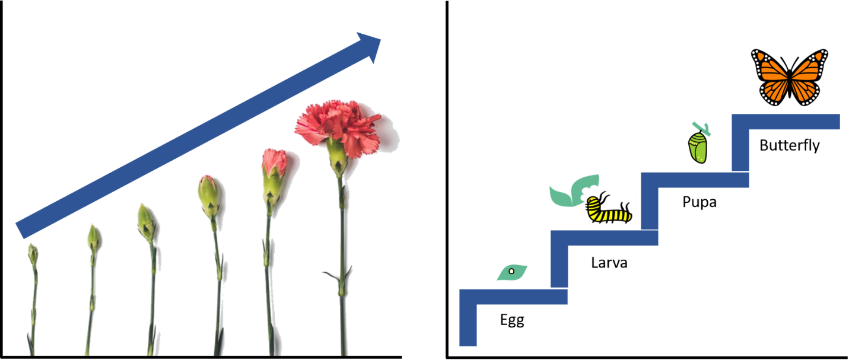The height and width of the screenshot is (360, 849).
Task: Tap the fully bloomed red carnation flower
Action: point(336,126)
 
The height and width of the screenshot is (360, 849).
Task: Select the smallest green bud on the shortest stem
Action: point(33,253)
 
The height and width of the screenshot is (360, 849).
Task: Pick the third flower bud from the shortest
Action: point(147,223)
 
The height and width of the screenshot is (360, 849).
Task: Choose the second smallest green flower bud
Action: point(94,238)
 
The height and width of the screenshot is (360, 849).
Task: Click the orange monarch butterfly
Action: point(789,76)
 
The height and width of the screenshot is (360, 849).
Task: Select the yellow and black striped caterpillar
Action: point(609,208)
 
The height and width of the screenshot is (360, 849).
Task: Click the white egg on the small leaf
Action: point(511,273)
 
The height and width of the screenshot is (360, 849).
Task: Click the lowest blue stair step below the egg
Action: point(514,297)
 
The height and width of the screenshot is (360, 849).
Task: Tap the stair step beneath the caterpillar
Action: point(605,238)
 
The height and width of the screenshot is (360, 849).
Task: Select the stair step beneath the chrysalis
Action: point(695,180)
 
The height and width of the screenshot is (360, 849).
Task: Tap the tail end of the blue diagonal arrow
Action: point(24,228)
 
